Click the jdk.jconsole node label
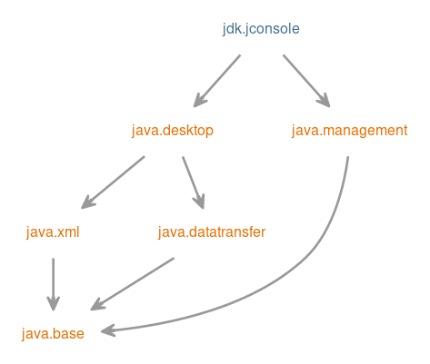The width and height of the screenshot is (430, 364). coord(261,29)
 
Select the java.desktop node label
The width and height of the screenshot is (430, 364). coord(173,131)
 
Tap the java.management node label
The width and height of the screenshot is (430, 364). coord(349,131)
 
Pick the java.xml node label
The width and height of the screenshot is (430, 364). coord(53,232)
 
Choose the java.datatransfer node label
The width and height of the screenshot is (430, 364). coord(212,232)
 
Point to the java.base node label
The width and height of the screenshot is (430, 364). coord(53,334)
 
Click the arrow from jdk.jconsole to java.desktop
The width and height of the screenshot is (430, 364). coord(217,81)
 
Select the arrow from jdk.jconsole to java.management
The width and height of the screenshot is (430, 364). coord(306,81)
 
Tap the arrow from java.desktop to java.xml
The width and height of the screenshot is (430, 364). coord(113,182)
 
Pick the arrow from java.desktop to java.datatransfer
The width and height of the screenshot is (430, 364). coord(194,182)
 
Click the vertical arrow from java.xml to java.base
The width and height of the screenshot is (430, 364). coord(54,284)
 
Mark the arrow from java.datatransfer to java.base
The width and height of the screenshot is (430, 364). coord(132,284)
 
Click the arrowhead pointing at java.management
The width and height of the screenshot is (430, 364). coord(325,101)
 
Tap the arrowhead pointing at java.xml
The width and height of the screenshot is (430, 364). coord(87,203)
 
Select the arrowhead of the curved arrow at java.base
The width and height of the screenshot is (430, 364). coord(107,330)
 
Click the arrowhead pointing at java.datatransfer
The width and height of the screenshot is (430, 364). coord(199,202)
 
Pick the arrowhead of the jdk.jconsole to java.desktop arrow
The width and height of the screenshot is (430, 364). coord(199,101)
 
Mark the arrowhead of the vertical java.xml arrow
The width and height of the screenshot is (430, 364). coord(54,303)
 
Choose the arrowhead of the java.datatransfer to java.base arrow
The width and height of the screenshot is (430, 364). coord(97,305)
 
